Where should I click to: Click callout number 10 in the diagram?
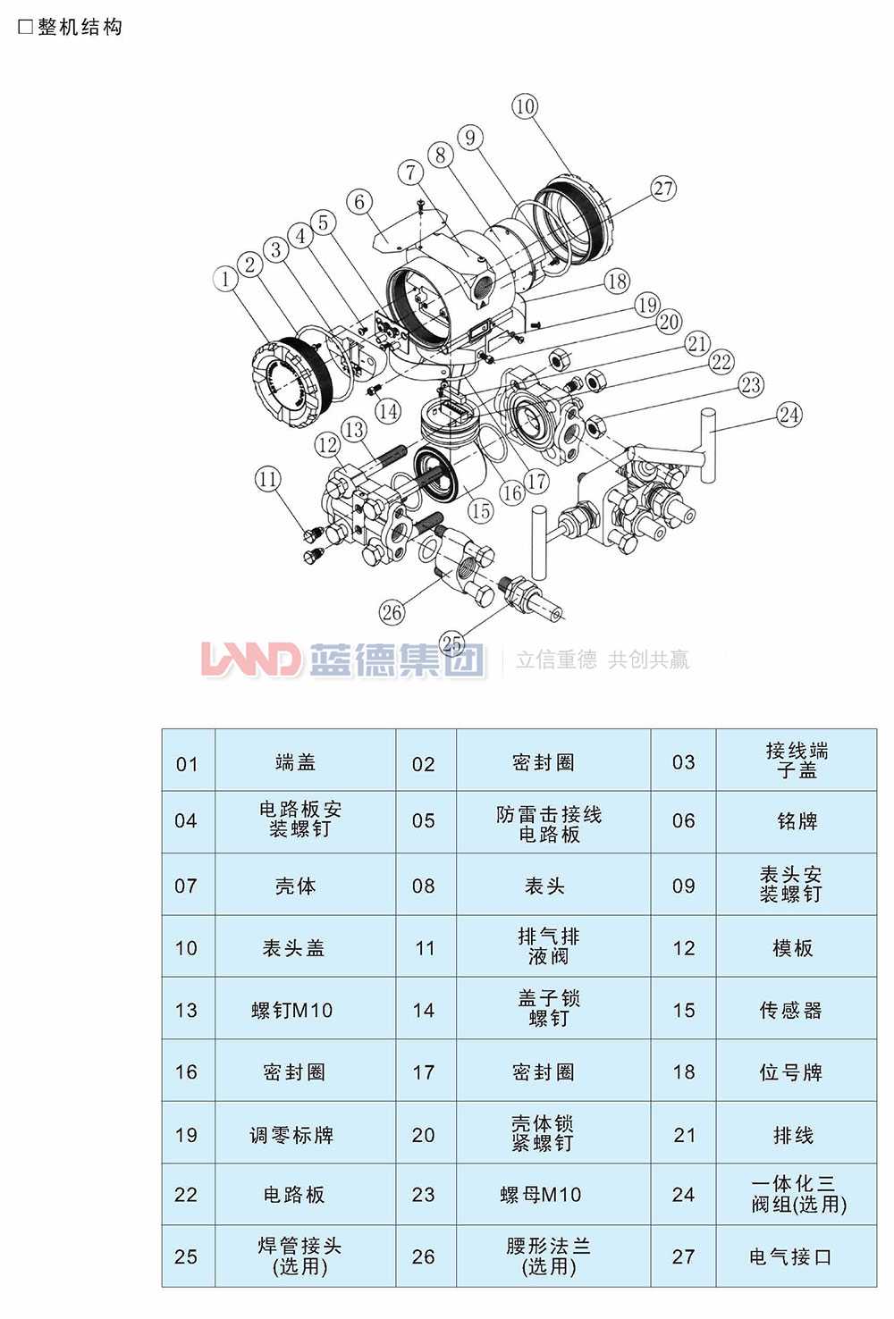tap(525, 106)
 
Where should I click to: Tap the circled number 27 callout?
tap(663, 189)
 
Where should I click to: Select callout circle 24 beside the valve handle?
tap(789, 415)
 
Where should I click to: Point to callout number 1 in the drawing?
tap(225, 280)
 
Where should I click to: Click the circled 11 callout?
tap(268, 479)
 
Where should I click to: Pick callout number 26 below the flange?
tap(392, 612)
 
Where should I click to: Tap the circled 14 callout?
tap(388, 411)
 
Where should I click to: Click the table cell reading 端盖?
tap(295, 762)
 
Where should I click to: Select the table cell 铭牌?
tap(797, 821)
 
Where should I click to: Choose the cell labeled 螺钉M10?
tap(291, 1011)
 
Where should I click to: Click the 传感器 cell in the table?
tap(790, 1011)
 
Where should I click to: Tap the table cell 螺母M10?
tap(541, 1195)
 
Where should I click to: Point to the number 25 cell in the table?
tap(186, 1256)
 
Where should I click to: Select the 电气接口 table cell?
tap(790, 1256)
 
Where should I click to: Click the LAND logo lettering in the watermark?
tap(251, 659)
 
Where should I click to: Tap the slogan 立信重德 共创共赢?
tap(603, 659)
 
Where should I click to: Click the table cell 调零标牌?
tap(291, 1135)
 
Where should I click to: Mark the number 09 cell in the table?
tap(684, 886)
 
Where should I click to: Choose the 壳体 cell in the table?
tap(295, 886)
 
